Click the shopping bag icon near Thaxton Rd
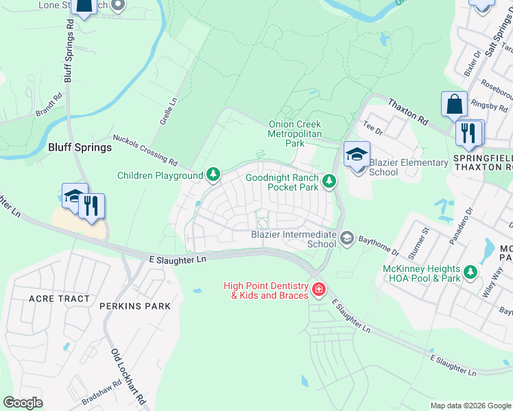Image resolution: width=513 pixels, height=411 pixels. [454, 105]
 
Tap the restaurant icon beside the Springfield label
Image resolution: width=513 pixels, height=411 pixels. [469, 132]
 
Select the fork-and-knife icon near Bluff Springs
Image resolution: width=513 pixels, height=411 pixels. [91, 205]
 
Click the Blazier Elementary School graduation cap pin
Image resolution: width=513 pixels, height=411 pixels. [357, 155]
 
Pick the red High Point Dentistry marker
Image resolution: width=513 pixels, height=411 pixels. [318, 290]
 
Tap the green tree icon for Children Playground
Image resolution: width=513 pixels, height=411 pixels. [213, 175]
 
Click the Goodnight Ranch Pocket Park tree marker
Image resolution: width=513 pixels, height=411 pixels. [330, 182]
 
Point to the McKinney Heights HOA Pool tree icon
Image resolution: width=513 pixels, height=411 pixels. [470, 273]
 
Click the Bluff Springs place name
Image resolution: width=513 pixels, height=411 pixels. [80, 147]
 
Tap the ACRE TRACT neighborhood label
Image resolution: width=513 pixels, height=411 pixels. [60, 299]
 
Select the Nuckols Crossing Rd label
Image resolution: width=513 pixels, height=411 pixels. [145, 150]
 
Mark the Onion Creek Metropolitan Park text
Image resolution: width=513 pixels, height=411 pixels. [295, 134]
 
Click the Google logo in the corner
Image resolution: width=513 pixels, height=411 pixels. [23, 403]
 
